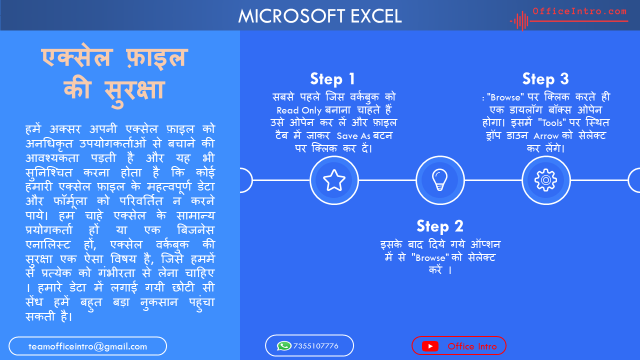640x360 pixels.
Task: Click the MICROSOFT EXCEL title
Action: [x=320, y=16]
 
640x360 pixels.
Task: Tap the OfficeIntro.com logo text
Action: [x=579, y=11]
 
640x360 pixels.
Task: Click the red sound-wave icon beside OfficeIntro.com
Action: [x=519, y=21]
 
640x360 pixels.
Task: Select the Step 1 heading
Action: [x=332, y=79]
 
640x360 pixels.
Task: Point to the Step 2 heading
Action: [x=440, y=226]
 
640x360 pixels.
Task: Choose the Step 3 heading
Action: [x=545, y=79]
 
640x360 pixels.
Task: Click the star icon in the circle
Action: [x=334, y=180]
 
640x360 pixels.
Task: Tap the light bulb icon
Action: [x=440, y=180]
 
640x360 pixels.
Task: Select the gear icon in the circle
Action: [x=545, y=180]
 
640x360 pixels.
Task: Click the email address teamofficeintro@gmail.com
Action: [x=87, y=346]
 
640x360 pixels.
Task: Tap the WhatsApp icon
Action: [x=284, y=346]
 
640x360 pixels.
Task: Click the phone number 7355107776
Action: [x=315, y=346]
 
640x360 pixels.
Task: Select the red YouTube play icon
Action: [x=430, y=346]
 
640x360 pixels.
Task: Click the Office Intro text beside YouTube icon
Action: [x=472, y=346]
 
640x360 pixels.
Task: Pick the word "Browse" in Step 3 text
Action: [x=505, y=97]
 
